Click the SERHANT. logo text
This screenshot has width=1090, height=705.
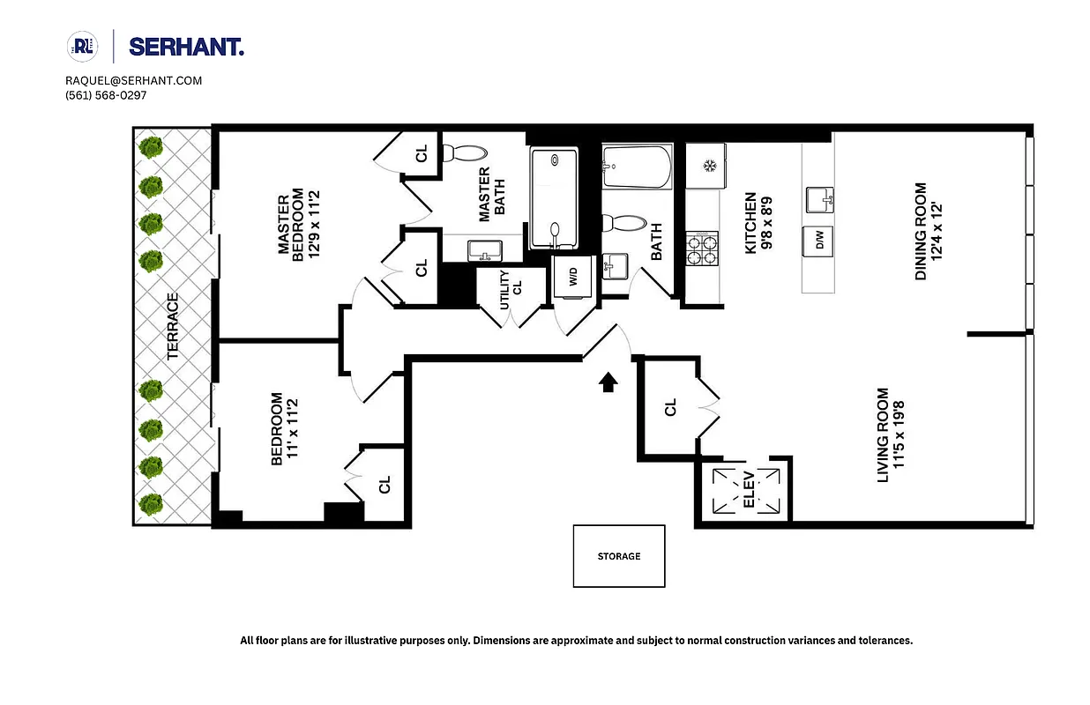pos(186,47)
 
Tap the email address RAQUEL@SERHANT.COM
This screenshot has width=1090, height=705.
pos(134,80)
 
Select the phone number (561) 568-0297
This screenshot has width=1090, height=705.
pos(106,95)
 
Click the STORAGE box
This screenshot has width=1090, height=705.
pos(619,556)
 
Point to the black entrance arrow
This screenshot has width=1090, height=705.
pos(608,382)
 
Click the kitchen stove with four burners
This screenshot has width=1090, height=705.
pos(703,249)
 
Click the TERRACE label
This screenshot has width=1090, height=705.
pos(173,326)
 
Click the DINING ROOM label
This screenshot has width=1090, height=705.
pos(920,231)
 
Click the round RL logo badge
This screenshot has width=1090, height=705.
pos(81,46)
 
